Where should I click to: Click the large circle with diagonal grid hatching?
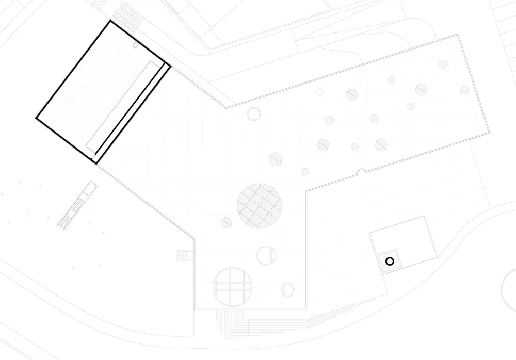(260, 206)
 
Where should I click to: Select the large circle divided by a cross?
(232, 287)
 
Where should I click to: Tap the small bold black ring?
(390, 261)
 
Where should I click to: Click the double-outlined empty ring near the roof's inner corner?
(254, 113)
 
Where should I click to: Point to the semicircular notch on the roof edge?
(362, 171)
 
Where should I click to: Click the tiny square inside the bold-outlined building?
(135, 45)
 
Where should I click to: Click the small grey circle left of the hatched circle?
(226, 222)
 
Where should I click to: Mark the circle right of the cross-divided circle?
(287, 290)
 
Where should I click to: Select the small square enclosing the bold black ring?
(390, 261)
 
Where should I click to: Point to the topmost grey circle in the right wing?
(443, 64)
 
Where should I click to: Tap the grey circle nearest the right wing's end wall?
(464, 90)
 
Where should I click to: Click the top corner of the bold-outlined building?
(110, 21)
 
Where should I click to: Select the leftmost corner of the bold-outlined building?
(36, 118)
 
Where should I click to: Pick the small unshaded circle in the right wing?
(319, 92)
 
